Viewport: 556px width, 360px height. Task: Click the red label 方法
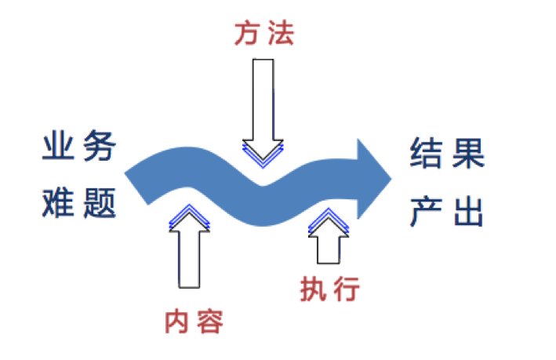pyautogui.click(x=264, y=34)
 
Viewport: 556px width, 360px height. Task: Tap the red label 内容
pyautogui.click(x=193, y=322)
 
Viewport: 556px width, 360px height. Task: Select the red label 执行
pyautogui.click(x=329, y=289)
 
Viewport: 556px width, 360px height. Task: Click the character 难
pyautogui.click(x=59, y=204)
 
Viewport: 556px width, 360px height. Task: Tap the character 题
pyautogui.click(x=100, y=204)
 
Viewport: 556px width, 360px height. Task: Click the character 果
pyautogui.click(x=467, y=155)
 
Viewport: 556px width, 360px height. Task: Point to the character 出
pyautogui.click(x=467, y=209)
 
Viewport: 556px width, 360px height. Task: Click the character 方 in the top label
pyautogui.click(x=247, y=34)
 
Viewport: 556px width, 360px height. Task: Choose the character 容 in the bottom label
pyautogui.click(x=210, y=322)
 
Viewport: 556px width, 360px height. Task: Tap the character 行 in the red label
pyautogui.click(x=346, y=289)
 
